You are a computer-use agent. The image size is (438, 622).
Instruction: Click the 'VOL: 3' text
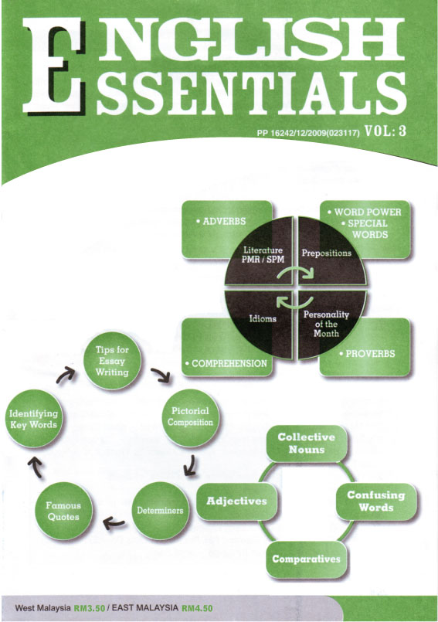point(385,131)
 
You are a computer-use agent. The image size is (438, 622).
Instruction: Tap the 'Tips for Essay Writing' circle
point(112,361)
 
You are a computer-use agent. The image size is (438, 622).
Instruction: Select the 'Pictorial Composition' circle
point(191,417)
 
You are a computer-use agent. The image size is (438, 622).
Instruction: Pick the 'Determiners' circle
point(160,511)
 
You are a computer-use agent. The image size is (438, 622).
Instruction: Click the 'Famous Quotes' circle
point(63,511)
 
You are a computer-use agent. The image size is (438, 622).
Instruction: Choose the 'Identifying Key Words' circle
point(34,419)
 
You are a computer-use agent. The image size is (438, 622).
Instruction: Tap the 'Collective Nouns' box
point(306,444)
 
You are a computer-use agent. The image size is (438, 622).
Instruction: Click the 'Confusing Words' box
point(376,501)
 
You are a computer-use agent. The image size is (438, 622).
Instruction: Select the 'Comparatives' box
point(306,559)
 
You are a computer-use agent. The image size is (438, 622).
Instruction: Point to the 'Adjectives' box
point(236,501)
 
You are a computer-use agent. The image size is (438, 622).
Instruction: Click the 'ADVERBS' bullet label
point(221,221)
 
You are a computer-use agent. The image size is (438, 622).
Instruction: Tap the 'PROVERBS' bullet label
point(367,353)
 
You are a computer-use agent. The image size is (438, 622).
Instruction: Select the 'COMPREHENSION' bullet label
point(226,363)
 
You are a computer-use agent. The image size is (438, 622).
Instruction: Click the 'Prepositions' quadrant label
point(327,253)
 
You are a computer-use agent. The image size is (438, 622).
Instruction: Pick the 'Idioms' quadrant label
point(263,318)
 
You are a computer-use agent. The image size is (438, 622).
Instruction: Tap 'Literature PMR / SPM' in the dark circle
point(263,255)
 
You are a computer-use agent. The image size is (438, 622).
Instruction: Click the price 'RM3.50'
point(90,608)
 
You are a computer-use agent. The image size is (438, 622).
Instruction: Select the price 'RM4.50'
point(197,608)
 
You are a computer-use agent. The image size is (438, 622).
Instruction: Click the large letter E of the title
point(53,66)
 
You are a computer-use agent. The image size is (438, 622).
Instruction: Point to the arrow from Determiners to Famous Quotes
point(114,524)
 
